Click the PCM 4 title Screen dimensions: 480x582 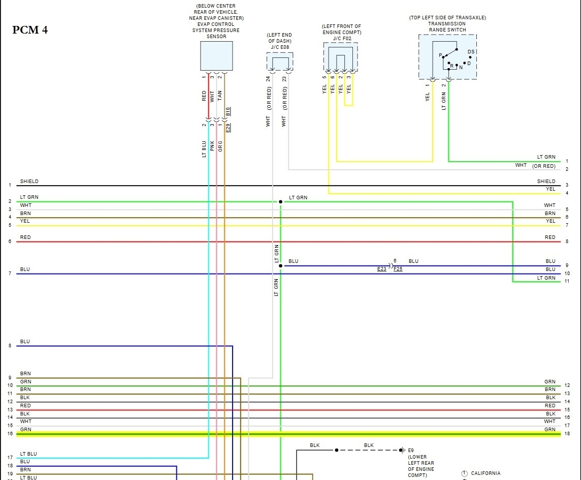30,30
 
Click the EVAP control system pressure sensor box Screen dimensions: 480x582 216,56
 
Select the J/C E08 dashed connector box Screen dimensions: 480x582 280,61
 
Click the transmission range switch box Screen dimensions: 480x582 447,56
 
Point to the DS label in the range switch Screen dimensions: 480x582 471,52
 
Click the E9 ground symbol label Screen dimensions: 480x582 411,450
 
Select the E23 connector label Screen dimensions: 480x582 382,269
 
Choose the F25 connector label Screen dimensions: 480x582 398,269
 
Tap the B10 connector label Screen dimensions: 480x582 228,111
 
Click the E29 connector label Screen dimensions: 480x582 228,128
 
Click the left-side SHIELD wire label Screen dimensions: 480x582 29,182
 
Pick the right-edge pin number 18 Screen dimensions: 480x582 567,434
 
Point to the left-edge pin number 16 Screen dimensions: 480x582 10,434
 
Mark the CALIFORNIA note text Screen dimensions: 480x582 486,473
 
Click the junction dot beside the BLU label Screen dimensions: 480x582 280,265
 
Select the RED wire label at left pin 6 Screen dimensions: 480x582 25,237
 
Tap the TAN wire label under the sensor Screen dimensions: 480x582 220,96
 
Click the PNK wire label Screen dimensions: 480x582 212,146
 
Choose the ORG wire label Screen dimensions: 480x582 220,146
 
